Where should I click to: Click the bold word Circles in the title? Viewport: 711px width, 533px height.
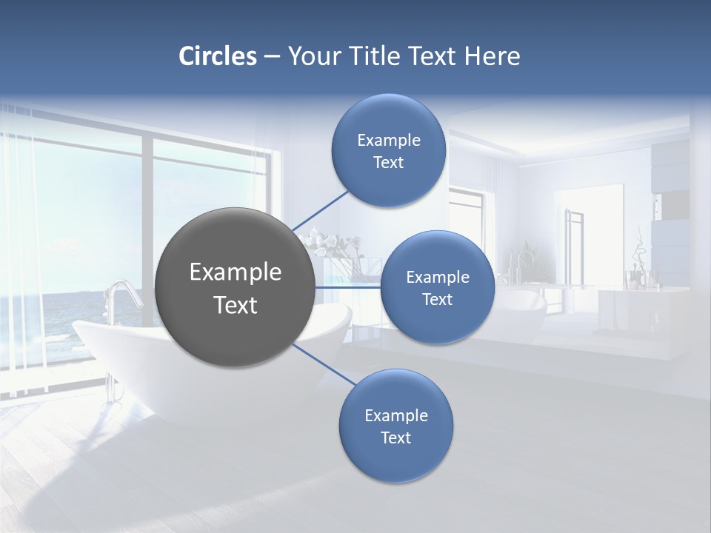point(218,56)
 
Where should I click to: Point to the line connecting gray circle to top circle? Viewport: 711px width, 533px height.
point(320,209)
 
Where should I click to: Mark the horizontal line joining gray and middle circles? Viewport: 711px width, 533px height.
point(347,287)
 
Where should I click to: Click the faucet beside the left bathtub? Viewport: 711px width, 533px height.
point(121,296)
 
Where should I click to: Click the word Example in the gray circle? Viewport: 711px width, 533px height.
point(235,272)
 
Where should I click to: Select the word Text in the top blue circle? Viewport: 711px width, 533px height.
point(389,163)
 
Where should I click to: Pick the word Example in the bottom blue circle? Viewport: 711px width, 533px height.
point(396,416)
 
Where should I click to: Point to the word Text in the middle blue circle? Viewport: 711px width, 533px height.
point(438,300)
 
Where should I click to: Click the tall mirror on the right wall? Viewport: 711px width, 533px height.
point(589,237)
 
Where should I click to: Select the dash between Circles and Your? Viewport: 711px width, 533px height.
point(271,56)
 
